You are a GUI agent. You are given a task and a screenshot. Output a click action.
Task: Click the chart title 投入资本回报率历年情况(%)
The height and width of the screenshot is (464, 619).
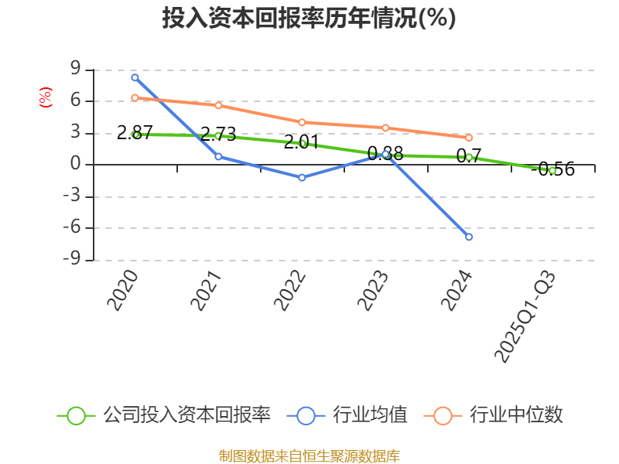[309, 18]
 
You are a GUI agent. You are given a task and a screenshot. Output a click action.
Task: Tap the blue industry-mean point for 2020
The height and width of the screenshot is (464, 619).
[135, 77]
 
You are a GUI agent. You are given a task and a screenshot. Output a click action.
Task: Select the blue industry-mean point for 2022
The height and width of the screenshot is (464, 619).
[302, 177]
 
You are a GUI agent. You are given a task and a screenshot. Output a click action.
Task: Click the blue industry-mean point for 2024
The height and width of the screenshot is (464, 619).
[469, 237]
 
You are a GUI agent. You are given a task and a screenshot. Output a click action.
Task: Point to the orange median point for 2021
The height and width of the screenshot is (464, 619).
[218, 105]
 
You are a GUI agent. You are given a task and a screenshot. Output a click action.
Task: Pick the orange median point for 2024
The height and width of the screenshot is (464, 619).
[469, 138]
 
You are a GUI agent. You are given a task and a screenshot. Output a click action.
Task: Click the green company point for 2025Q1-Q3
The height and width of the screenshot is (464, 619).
[552, 170]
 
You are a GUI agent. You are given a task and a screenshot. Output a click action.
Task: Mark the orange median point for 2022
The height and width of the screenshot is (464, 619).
[302, 122]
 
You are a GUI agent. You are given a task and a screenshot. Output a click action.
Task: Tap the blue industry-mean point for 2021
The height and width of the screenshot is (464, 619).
[218, 156]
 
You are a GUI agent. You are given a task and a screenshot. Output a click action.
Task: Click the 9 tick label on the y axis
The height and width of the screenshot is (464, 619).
[75, 70]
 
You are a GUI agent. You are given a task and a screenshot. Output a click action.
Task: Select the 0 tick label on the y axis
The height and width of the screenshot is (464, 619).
[75, 165]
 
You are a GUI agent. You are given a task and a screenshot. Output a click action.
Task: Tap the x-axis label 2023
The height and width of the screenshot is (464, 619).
[373, 290]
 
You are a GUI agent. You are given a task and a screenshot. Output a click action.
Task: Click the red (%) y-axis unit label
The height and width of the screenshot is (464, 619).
[46, 97]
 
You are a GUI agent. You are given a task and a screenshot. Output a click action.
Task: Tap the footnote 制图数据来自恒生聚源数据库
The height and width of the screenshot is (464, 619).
[309, 455]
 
